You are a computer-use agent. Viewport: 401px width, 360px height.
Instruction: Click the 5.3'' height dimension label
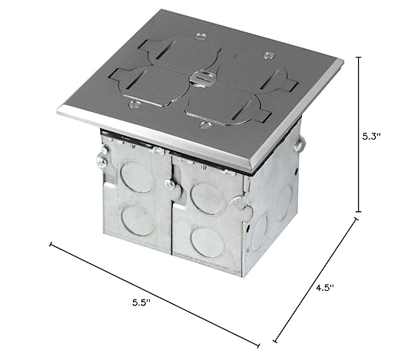click(372, 137)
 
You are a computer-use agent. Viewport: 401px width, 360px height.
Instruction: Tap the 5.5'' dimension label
click(141, 302)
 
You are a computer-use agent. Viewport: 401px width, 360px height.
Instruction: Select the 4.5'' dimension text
click(325, 288)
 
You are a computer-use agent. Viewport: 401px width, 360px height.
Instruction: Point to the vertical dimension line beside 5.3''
click(359, 134)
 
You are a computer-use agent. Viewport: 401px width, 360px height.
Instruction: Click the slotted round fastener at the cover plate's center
click(198, 77)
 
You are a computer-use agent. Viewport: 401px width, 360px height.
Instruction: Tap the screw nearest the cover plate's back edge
click(201, 36)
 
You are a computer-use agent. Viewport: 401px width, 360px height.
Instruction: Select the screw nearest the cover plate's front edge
click(206, 125)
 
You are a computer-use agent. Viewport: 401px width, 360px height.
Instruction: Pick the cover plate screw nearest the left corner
click(134, 104)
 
